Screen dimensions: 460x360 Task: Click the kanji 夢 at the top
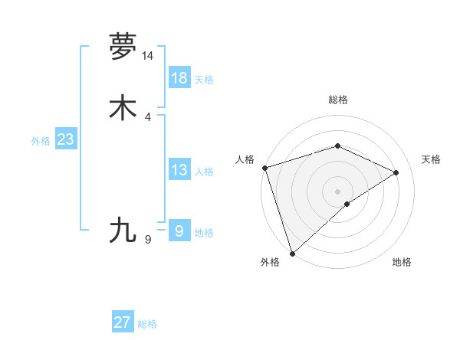[x=123, y=47]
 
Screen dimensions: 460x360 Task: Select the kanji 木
[x=123, y=108]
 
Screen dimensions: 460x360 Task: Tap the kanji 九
[x=123, y=229]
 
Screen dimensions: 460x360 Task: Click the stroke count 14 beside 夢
[x=147, y=56]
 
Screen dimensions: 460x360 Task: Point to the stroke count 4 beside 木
[x=147, y=116]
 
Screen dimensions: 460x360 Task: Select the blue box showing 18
[x=179, y=78]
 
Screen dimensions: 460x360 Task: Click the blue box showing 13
[x=179, y=170]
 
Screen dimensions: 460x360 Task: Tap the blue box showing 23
[x=65, y=139]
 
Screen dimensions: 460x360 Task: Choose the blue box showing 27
[x=123, y=322]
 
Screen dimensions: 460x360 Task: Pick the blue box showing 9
[x=179, y=231]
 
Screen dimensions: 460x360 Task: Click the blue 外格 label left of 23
[x=41, y=141]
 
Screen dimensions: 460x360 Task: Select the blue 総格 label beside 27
[x=147, y=324]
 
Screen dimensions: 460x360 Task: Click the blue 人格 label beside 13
[x=204, y=172]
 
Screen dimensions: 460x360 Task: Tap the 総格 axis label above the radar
[x=338, y=100]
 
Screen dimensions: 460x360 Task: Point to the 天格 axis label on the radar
[x=432, y=159]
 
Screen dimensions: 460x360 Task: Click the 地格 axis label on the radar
[x=402, y=262]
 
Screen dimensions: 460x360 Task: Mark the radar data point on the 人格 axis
[x=264, y=167]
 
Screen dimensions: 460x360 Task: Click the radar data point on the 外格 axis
[x=292, y=253]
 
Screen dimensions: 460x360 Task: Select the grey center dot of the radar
[x=337, y=191]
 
